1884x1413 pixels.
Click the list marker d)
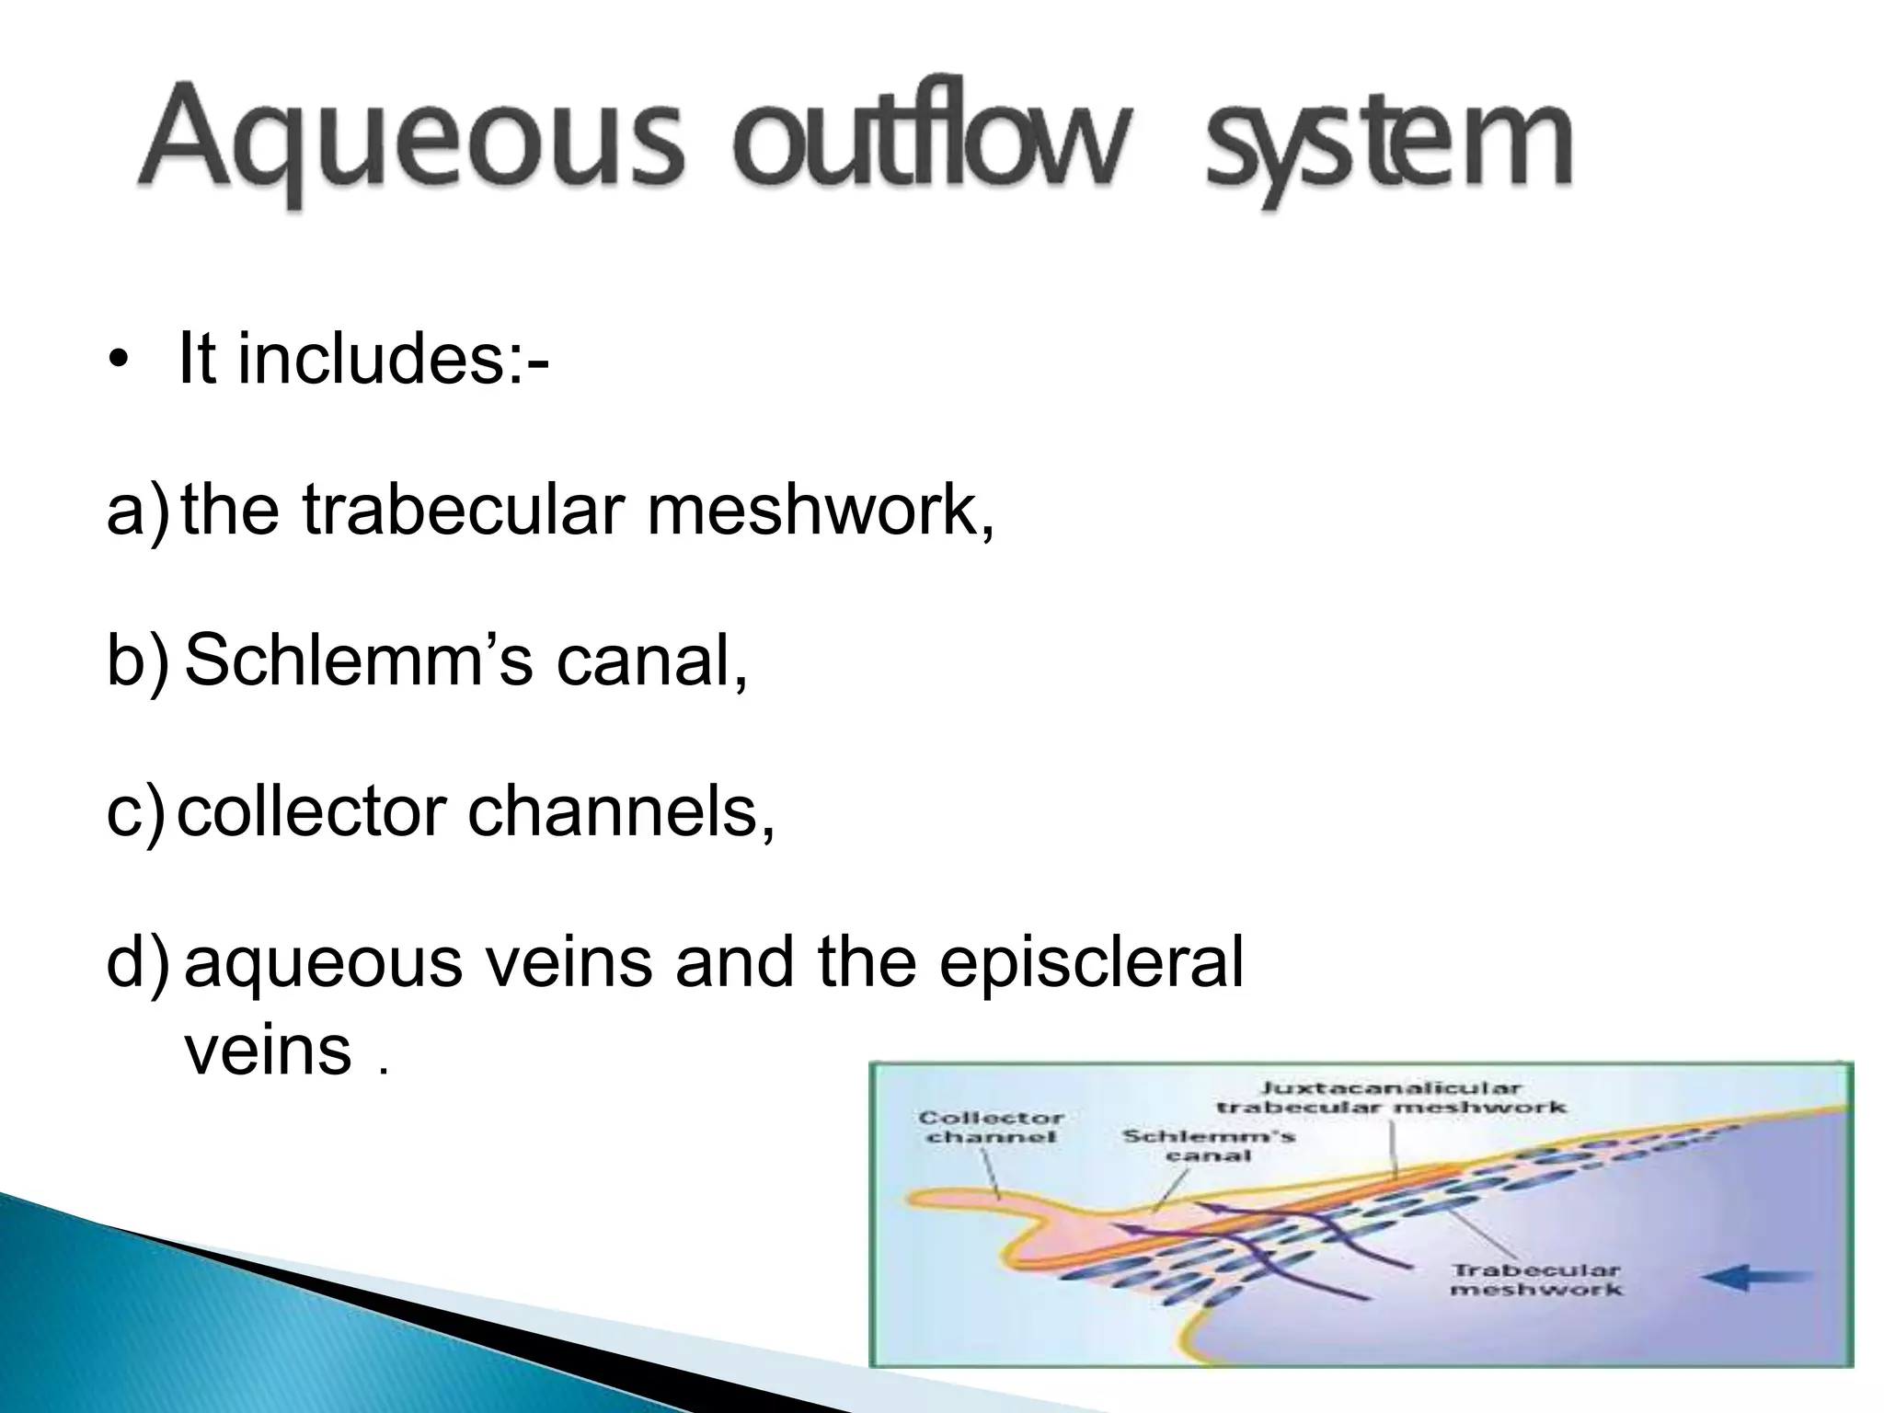(x=138, y=963)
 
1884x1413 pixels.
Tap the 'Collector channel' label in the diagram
(x=991, y=1127)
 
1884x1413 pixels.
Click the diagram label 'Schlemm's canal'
(x=1208, y=1144)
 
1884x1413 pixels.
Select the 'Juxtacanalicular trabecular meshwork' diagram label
(x=1390, y=1097)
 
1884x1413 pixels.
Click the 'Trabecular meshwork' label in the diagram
(x=1535, y=1280)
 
